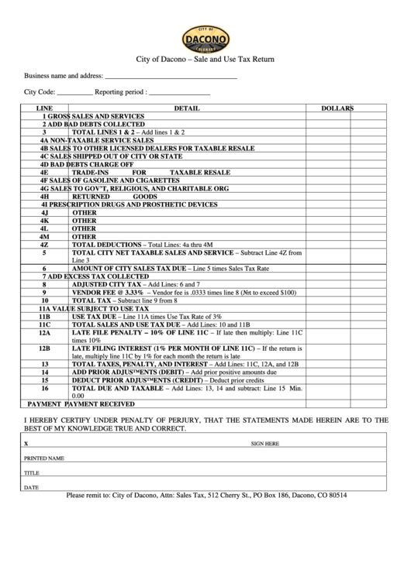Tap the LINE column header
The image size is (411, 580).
(45, 108)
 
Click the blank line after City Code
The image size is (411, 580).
(75, 94)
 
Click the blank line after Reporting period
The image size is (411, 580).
(178, 94)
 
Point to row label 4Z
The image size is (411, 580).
(45, 244)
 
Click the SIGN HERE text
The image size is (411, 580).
(264, 444)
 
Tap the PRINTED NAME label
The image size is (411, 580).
(43, 458)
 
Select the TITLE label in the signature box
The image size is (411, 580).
(32, 472)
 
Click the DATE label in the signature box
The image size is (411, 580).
(31, 487)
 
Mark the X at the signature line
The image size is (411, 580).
(26, 444)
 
